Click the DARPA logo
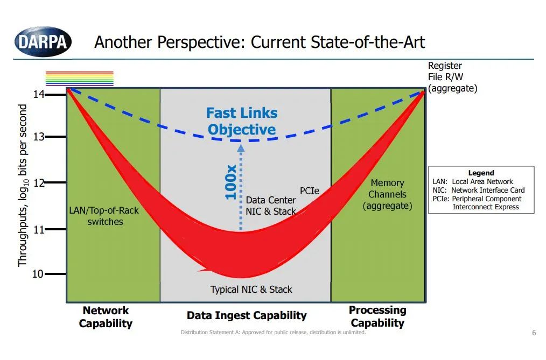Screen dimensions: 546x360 (43, 42)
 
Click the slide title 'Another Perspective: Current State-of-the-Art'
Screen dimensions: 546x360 (260, 42)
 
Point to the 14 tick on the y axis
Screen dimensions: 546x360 (55, 94)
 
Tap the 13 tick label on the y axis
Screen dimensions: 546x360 (39, 137)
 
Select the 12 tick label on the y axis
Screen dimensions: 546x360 (39, 182)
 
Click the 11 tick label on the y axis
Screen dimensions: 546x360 (39, 230)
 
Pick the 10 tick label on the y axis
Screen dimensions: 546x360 (38, 274)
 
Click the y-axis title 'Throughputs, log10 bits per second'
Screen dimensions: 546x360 (23, 186)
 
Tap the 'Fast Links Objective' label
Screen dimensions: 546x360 (242, 121)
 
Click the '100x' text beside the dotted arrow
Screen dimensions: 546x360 (230, 182)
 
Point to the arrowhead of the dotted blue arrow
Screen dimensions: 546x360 (241, 148)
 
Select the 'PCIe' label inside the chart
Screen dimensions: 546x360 (310, 191)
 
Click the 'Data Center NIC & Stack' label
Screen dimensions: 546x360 (271, 206)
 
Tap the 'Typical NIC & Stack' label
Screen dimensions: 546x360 (251, 290)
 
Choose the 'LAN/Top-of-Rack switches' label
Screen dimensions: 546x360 (104, 216)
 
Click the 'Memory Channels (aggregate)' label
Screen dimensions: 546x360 (387, 194)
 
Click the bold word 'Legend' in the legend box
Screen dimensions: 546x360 (481, 173)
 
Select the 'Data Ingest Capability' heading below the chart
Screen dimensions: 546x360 (247, 315)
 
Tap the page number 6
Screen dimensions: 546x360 (534, 333)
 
